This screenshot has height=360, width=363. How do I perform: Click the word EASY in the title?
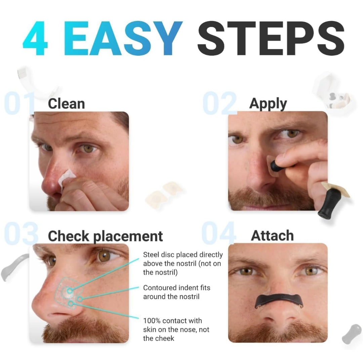pyautogui.click(x=123, y=38)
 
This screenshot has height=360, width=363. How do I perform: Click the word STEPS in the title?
pyautogui.click(x=271, y=38)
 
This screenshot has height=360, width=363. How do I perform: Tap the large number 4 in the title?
pyautogui.click(x=35, y=38)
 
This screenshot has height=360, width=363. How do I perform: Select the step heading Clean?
pyautogui.click(x=67, y=104)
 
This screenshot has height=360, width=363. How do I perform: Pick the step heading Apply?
pyautogui.click(x=268, y=104)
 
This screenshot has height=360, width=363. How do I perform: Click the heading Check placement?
pyautogui.click(x=105, y=236)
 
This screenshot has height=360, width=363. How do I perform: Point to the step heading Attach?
pyautogui.click(x=272, y=235)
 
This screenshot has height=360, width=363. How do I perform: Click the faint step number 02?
pyautogui.click(x=220, y=103)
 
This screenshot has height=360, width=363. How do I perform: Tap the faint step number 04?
pyautogui.click(x=219, y=233)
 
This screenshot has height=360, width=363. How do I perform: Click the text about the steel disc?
pyautogui.click(x=183, y=264)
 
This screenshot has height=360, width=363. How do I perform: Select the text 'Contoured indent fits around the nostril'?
pyautogui.click(x=177, y=292)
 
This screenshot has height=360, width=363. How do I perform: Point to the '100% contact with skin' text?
pyautogui.click(x=176, y=329)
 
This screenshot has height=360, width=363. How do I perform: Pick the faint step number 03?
pyautogui.click(x=21, y=233)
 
